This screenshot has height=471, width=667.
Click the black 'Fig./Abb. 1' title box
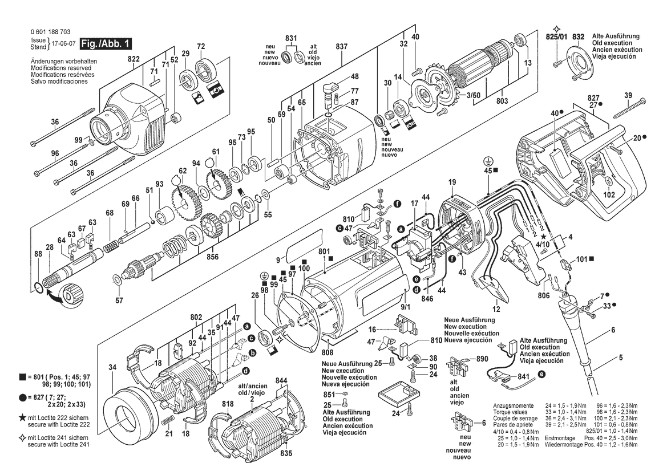tap(106, 43)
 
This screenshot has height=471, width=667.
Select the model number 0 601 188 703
tap(51, 32)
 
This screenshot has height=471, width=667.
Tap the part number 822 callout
tap(134, 59)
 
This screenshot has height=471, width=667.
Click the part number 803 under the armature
tap(502, 101)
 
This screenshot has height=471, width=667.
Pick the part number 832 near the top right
tap(578, 37)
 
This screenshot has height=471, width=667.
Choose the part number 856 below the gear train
tap(212, 257)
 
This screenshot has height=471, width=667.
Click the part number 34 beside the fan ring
tap(112, 367)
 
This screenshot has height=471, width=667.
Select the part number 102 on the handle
tap(609, 195)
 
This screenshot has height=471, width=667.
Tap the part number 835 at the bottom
tap(286, 453)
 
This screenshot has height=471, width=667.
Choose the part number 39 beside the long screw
tap(628, 95)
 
